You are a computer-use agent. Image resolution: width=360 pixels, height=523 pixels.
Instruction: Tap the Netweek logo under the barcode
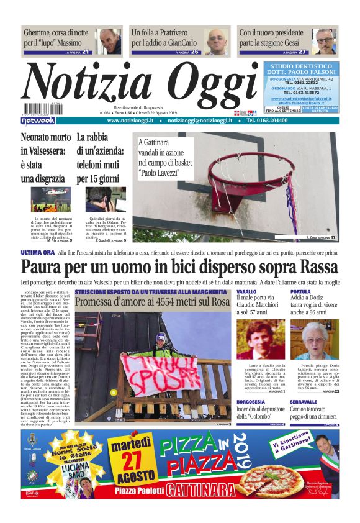[38, 121]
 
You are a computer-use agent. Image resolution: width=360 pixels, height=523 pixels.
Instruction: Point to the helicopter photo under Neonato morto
[51, 200]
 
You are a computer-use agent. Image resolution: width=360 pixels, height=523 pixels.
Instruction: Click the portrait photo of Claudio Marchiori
[261, 341]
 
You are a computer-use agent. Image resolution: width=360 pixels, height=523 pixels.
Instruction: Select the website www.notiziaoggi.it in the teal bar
[130, 121]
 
